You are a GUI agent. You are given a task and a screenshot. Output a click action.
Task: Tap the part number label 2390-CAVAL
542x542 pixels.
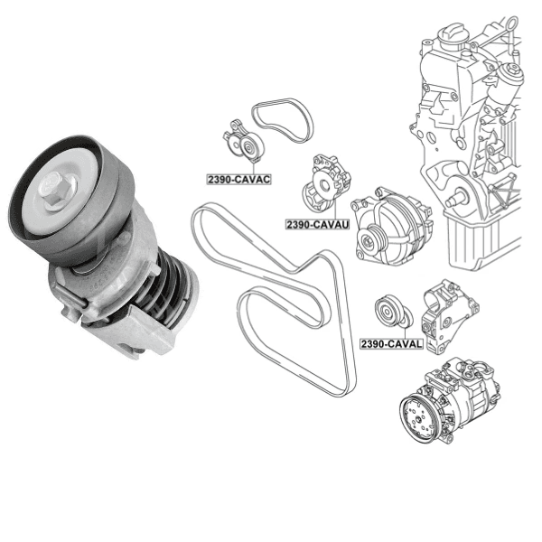tap(391, 344)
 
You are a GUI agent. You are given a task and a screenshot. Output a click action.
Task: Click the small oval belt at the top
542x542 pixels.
tap(282, 121)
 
